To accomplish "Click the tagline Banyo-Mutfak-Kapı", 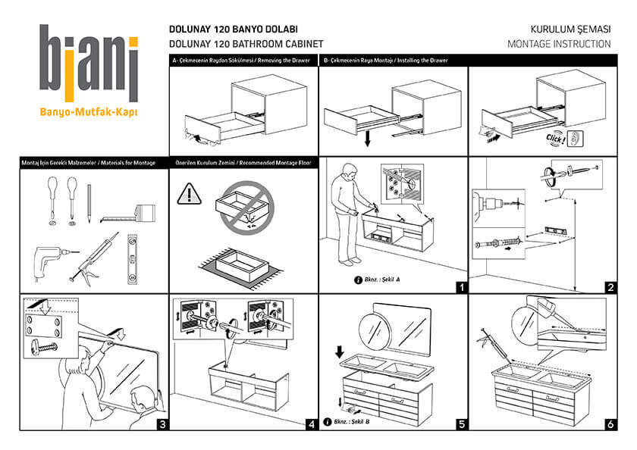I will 89,114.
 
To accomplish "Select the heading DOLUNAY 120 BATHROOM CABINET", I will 246,44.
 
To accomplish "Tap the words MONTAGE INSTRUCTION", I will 559,44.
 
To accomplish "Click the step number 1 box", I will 460,287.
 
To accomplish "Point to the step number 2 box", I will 610,287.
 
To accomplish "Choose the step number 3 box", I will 162,424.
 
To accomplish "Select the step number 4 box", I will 311,424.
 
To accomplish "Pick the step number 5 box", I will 460,424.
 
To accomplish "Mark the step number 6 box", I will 610,424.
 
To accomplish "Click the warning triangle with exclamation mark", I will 187,194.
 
